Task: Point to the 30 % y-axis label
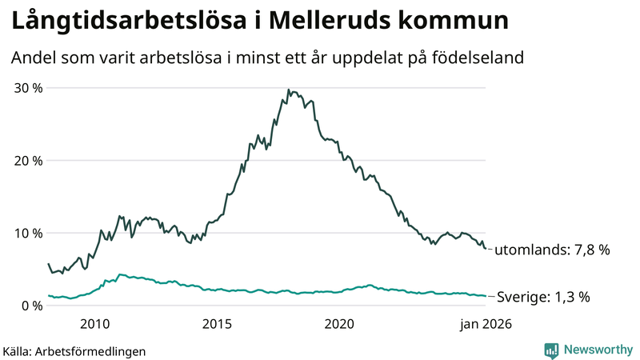pyautogui.click(x=28, y=87)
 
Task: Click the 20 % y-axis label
pyautogui.click(x=28, y=160)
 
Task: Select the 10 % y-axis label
pyautogui.click(x=28, y=233)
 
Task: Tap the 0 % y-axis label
pyautogui.click(x=32, y=306)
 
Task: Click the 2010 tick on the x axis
pyautogui.click(x=94, y=324)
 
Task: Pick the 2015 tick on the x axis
pyautogui.click(x=217, y=324)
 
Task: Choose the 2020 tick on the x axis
pyautogui.click(x=339, y=324)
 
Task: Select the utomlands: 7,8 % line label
pyautogui.click(x=552, y=250)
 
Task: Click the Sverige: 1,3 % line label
pyautogui.click(x=544, y=297)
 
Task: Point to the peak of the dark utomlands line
pyautogui.click(x=288, y=90)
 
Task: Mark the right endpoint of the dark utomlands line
pyautogui.click(x=486, y=249)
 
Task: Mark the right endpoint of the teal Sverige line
pyautogui.click(x=486, y=296)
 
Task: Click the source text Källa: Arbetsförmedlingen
pyautogui.click(x=74, y=350)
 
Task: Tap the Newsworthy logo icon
pyautogui.click(x=551, y=350)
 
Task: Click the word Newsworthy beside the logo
pyautogui.click(x=598, y=350)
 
